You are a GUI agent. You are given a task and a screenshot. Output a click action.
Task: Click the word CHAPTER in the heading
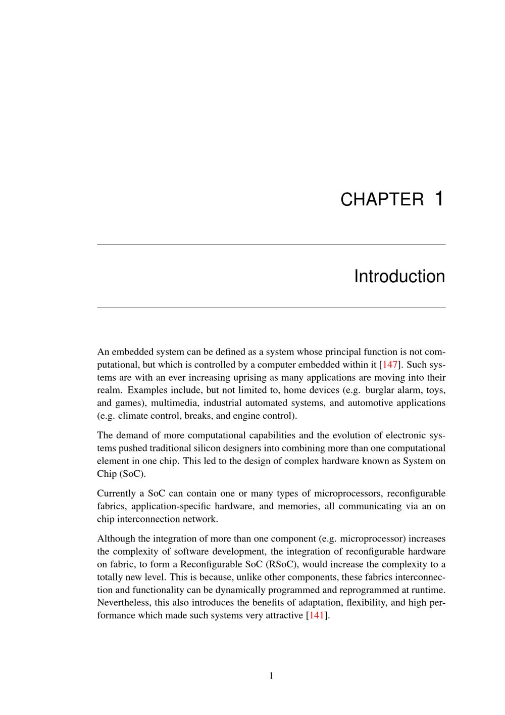pyautogui.click(x=382, y=200)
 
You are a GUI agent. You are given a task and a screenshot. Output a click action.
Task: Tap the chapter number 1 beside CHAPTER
pyautogui.click(x=439, y=198)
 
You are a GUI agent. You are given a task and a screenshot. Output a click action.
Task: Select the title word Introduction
pyautogui.click(x=399, y=277)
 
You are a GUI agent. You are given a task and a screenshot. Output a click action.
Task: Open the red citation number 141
pyautogui.click(x=316, y=615)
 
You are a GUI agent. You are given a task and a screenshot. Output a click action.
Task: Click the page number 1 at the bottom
pyautogui.click(x=271, y=676)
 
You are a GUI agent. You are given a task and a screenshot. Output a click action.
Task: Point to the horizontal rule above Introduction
pyautogui.click(x=271, y=245)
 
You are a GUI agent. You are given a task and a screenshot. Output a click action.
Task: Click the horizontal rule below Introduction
pyautogui.click(x=271, y=307)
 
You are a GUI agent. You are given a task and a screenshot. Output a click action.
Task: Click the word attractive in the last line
pyautogui.click(x=286, y=615)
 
